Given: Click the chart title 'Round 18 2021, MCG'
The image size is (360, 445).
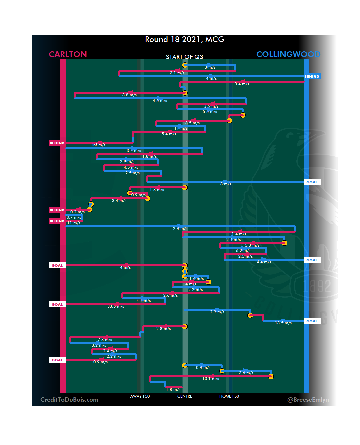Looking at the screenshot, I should coord(185,39).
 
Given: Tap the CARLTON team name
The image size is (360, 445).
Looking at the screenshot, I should coord(68,54).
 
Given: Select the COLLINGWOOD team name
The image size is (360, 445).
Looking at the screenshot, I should coord(288,54).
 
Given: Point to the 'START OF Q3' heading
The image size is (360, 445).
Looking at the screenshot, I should coord(184,57).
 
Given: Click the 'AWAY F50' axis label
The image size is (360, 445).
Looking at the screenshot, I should coord(140,396).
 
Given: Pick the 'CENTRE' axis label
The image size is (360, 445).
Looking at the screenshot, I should coord(185,396).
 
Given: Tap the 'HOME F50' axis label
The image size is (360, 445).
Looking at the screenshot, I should coord(229,396).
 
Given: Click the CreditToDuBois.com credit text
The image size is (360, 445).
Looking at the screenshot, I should coord(69,400).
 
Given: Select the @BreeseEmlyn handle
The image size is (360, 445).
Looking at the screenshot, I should coord(308,400).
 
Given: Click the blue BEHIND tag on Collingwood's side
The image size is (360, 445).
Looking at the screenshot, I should coord(312,77).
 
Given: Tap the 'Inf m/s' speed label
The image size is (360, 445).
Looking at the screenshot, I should coord(99,145).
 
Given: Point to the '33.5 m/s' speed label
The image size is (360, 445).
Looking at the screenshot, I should coord(116,306).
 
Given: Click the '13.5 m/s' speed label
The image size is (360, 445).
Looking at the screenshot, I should coord(283,323).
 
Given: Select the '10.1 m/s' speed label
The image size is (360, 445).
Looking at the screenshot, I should coord(211,379).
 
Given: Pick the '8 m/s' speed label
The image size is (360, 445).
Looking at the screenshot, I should coord(226,184).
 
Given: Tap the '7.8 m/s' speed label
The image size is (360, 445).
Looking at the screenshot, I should coord(105,340).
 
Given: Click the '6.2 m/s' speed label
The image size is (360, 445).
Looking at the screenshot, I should coord(243,251).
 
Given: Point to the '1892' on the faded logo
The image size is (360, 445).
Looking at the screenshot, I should coord(317,286).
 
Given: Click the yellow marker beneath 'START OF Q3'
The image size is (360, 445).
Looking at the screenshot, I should coord(185,65).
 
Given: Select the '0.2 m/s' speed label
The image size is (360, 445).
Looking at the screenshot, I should coord(77,212).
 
